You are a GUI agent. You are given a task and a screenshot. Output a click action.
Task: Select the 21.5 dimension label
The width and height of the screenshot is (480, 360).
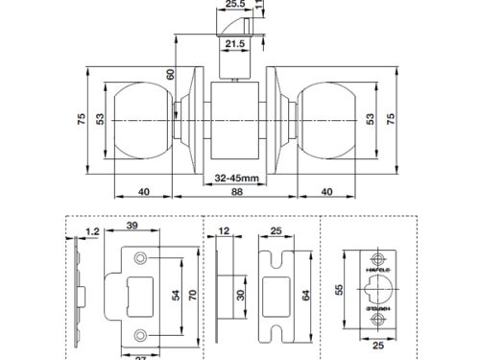point(233,44)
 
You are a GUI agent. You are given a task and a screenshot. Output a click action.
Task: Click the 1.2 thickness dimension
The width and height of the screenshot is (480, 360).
point(91,231)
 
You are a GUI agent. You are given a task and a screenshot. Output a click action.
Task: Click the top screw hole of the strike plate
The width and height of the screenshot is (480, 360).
point(141,259)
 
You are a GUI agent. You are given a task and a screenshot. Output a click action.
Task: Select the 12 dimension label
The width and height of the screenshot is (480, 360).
point(224,231)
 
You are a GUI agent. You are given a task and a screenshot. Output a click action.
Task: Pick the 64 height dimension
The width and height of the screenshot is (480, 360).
point(305,296)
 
